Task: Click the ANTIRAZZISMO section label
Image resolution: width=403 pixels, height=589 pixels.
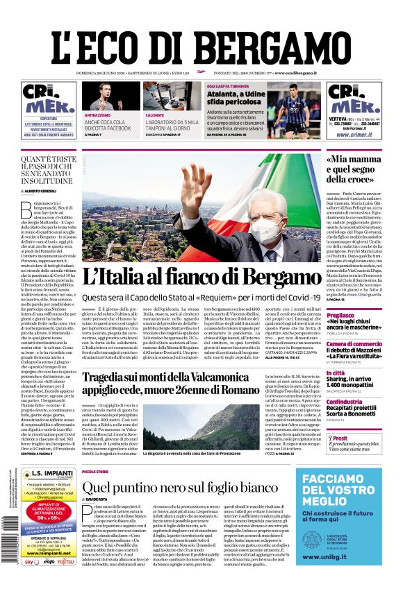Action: click(97, 114)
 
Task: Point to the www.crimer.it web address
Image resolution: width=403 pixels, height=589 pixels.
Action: click(354, 135)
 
